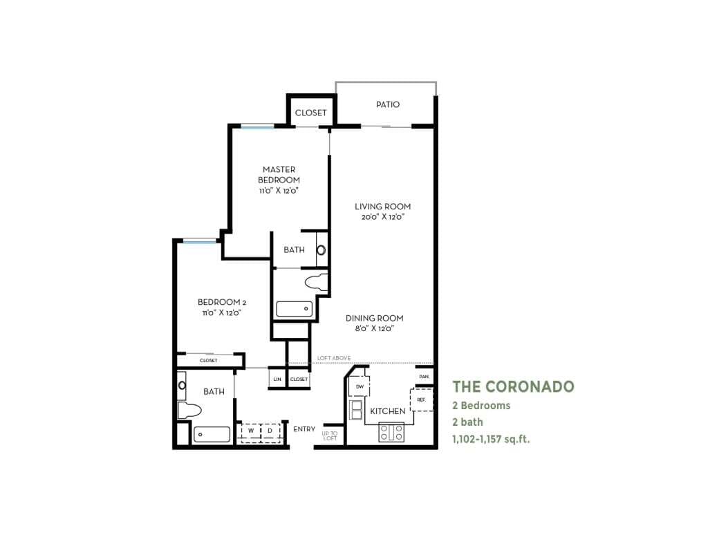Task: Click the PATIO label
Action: click(x=388, y=105)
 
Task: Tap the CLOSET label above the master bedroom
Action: click(x=310, y=113)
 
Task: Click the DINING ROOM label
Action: click(x=374, y=319)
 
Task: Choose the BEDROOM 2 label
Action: click(x=222, y=302)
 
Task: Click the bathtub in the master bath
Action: click(x=295, y=308)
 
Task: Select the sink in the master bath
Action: click(x=322, y=250)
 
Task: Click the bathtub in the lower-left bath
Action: click(x=212, y=435)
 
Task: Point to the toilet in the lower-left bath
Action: click(x=189, y=411)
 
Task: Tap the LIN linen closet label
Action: click(x=277, y=379)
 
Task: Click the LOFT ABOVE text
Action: click(x=334, y=358)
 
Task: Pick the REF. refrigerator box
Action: click(x=420, y=400)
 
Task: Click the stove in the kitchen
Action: click(x=391, y=432)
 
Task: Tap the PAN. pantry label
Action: click(x=424, y=377)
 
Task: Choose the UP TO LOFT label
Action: click(x=329, y=435)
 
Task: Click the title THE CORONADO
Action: click(x=513, y=386)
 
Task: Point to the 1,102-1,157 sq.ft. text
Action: click(x=491, y=438)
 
